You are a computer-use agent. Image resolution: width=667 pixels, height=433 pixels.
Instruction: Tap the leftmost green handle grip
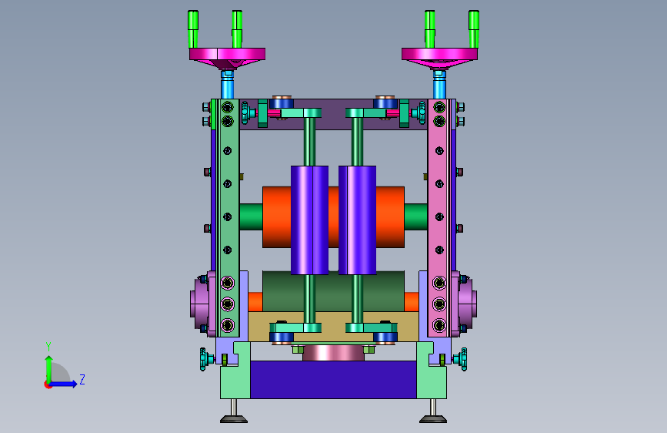pos(192,29)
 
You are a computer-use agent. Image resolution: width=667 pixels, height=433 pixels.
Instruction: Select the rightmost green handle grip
pos(473,29)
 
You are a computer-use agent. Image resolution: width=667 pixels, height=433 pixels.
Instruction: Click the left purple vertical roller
pos(310,220)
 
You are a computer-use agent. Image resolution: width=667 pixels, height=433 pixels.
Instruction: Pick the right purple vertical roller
pos(357,220)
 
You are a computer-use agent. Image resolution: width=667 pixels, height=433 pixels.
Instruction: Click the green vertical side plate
pos(228,218)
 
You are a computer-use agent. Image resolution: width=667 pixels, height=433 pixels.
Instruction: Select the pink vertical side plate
pos(439,218)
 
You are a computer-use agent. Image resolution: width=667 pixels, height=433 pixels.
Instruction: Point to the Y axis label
pos(48,347)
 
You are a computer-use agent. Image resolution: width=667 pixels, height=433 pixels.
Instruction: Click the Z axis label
pos(82,379)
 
